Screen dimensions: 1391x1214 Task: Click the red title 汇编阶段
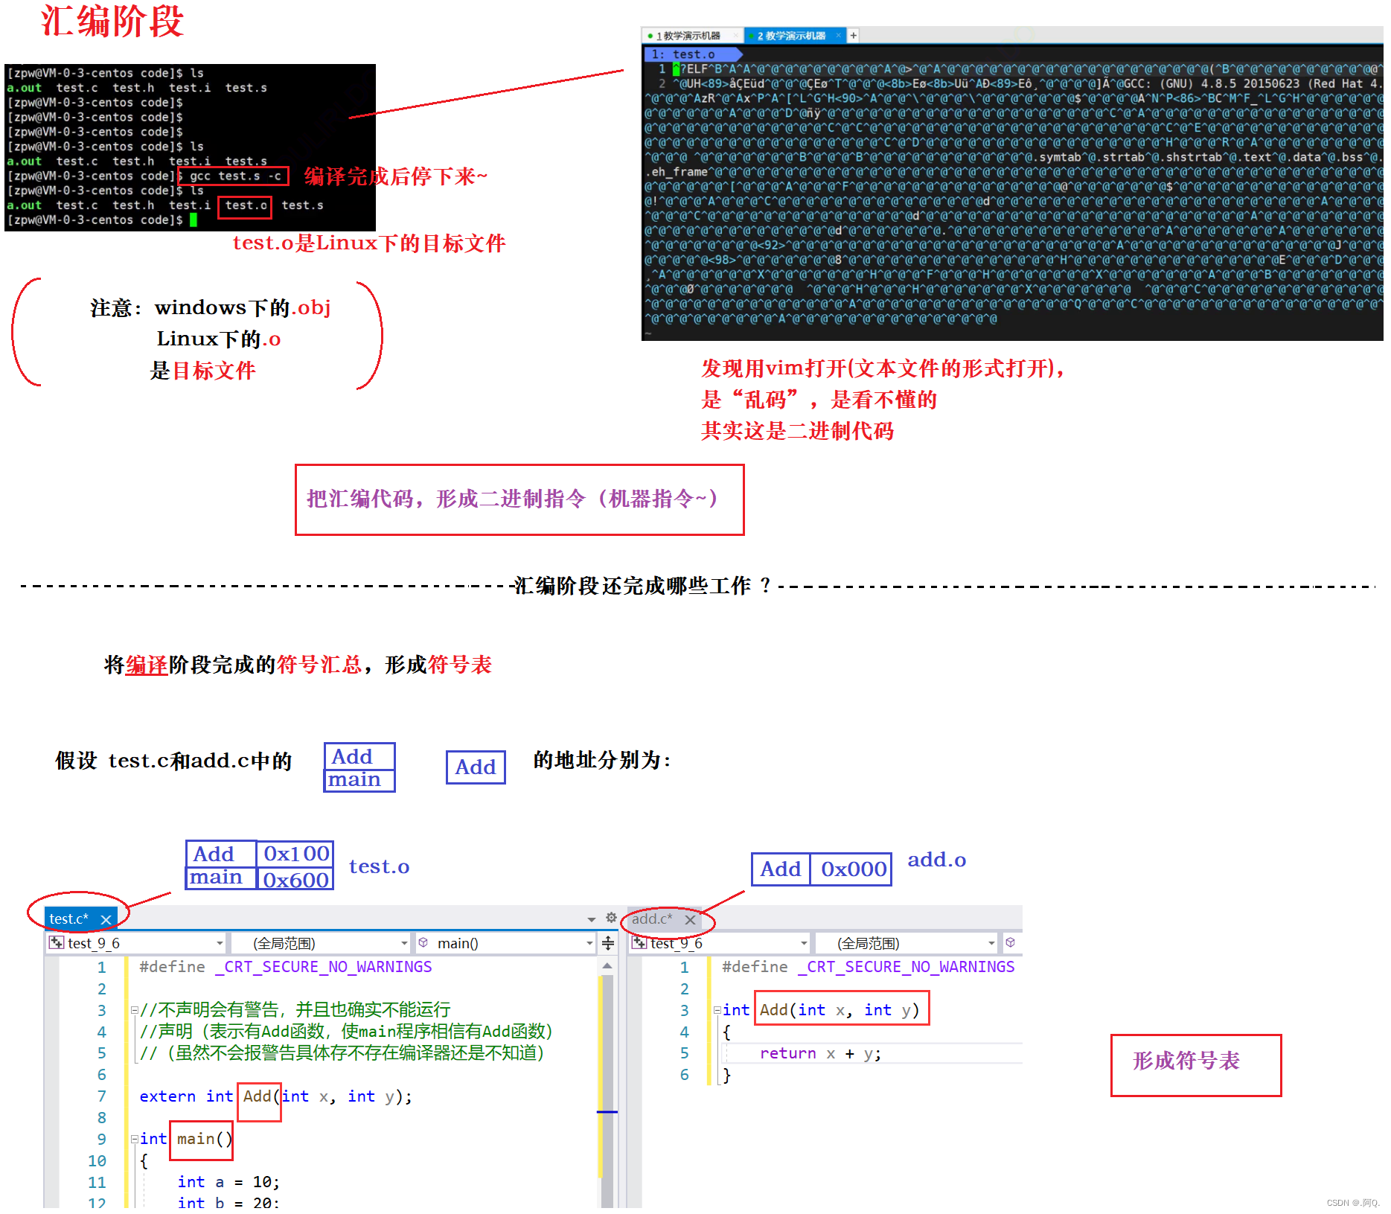point(112,21)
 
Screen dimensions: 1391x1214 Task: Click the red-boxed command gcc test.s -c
point(234,176)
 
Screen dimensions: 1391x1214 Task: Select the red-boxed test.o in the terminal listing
point(245,206)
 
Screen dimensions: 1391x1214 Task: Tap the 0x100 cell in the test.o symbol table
point(295,854)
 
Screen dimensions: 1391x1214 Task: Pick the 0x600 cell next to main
point(295,880)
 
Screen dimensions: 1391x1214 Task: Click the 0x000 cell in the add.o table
point(853,869)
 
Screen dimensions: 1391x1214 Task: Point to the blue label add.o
point(936,860)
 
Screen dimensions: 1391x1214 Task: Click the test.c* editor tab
point(69,919)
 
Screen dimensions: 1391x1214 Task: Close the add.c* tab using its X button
point(690,920)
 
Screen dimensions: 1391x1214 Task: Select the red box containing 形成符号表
point(1195,1064)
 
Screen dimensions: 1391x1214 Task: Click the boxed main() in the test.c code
point(202,1140)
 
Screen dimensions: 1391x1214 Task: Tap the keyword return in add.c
point(787,1054)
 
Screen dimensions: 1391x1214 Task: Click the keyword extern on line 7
point(167,1096)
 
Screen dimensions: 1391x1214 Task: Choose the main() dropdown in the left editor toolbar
point(506,944)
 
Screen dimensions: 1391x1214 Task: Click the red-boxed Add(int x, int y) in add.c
point(841,1009)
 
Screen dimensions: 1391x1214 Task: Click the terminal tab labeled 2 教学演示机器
point(792,36)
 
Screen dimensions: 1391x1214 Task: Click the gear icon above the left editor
point(611,918)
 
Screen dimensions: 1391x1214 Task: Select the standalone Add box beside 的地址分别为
point(476,767)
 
